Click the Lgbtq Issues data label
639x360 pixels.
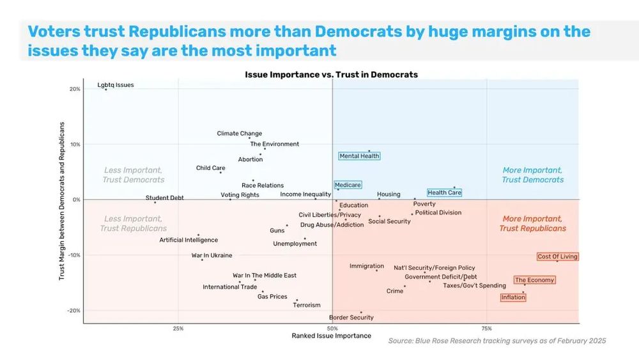(x=116, y=85)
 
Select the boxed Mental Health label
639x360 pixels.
(x=359, y=156)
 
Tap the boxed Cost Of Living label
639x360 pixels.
(x=557, y=256)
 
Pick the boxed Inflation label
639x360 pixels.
(x=513, y=297)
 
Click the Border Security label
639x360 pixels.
(x=351, y=317)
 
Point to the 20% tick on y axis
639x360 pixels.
(x=75, y=90)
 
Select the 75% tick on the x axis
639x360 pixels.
(x=487, y=329)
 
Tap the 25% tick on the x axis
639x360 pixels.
(x=178, y=329)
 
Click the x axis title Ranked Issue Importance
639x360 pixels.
(x=331, y=336)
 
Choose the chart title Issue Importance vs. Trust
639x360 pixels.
(x=331, y=75)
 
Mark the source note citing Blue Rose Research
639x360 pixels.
(x=497, y=341)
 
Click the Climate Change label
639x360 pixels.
(x=240, y=134)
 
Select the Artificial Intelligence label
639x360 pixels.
(x=189, y=240)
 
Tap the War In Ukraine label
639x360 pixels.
(x=212, y=255)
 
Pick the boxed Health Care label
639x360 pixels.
(x=444, y=192)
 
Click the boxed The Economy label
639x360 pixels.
(x=534, y=280)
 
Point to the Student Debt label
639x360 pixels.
(x=164, y=198)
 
